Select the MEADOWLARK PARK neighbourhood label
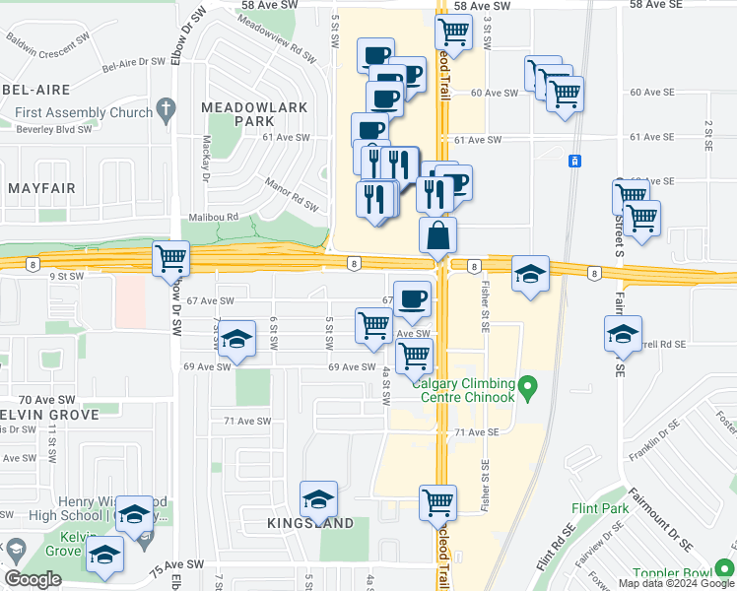[x=254, y=113]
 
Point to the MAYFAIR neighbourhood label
[x=41, y=186]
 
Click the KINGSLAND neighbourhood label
[x=310, y=524]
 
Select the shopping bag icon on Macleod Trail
[x=437, y=235]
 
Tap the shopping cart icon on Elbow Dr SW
[x=171, y=259]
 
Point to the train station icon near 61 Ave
[x=574, y=161]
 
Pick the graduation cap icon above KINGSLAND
[x=318, y=499]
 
